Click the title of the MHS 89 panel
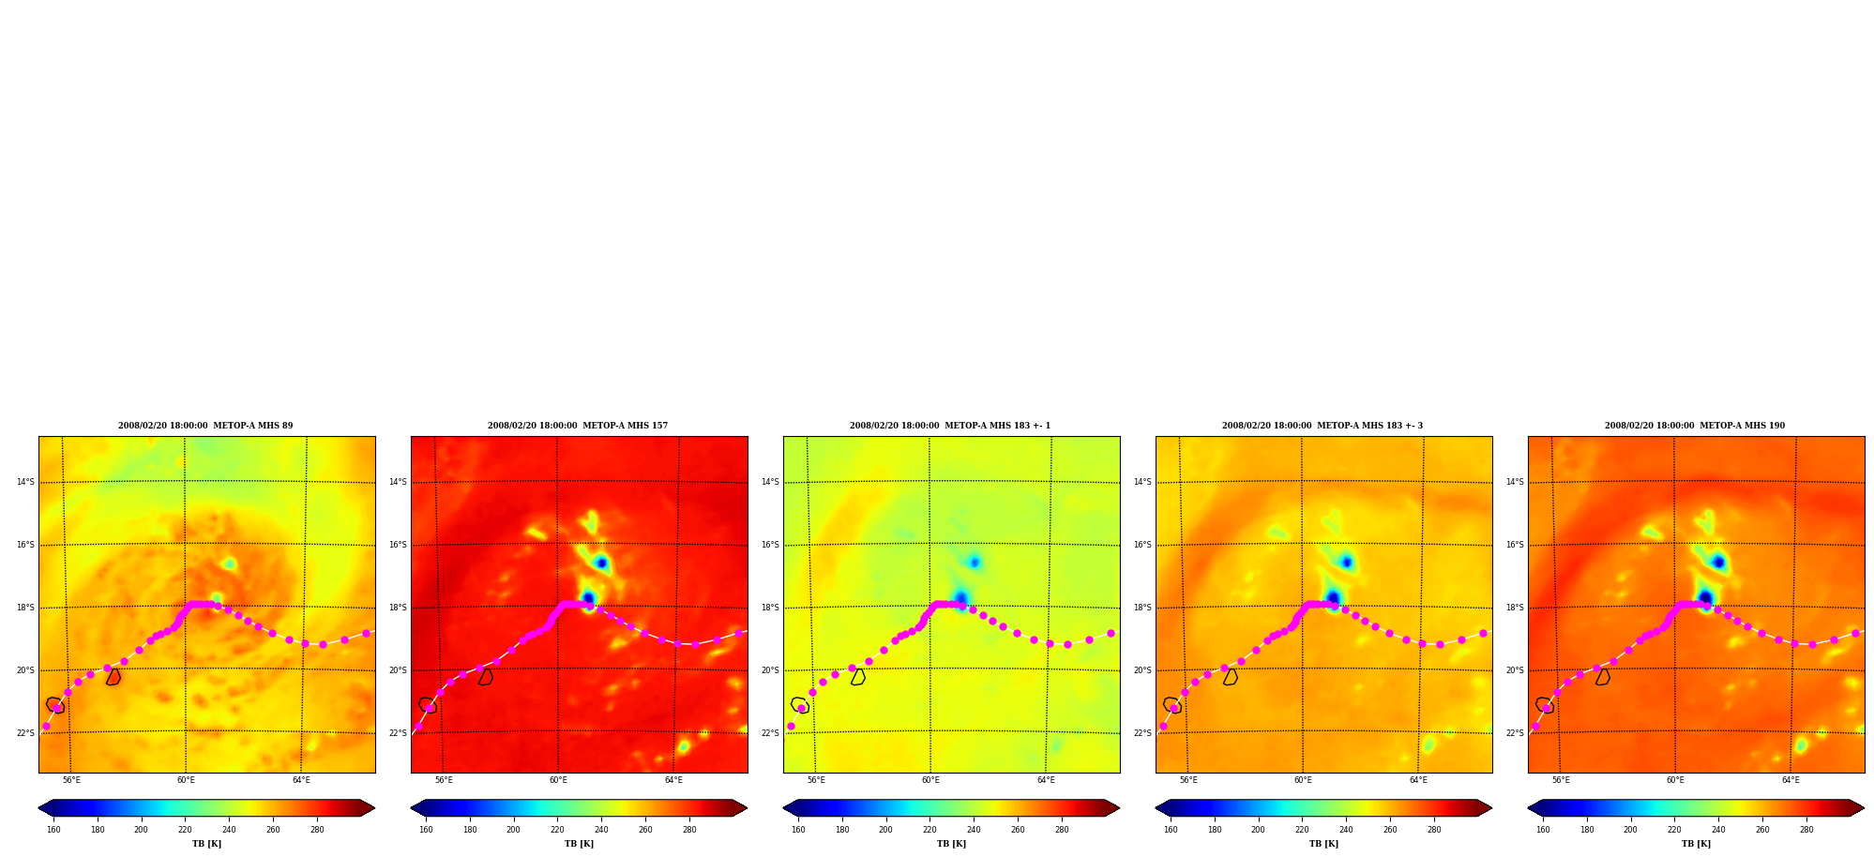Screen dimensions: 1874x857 pos(205,426)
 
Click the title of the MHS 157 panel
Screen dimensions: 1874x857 pos(578,426)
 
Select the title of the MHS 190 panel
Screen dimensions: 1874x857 pos(1695,426)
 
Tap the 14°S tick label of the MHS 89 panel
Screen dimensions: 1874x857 pos(25,482)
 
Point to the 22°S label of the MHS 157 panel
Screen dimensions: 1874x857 pos(398,733)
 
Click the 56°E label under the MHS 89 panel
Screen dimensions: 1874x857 pos(71,780)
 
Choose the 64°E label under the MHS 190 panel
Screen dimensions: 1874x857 pos(1791,780)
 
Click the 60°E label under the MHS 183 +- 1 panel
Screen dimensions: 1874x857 pos(930,780)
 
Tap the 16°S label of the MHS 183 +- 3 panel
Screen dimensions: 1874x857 pos(1142,545)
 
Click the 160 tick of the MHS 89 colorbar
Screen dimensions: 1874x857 pos(53,830)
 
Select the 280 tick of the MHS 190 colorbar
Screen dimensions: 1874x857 pos(1806,830)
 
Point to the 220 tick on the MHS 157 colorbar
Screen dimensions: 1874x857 pos(557,830)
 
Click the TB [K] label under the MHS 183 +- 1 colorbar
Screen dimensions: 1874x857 pos(951,844)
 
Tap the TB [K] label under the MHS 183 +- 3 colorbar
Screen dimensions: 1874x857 pos(1323,844)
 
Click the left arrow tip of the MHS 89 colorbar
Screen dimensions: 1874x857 pos(38,808)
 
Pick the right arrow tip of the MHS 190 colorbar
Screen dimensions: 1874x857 pos(1864,808)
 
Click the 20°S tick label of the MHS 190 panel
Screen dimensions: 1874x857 pos(1515,670)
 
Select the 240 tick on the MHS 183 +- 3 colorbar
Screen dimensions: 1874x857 pos(1346,830)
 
